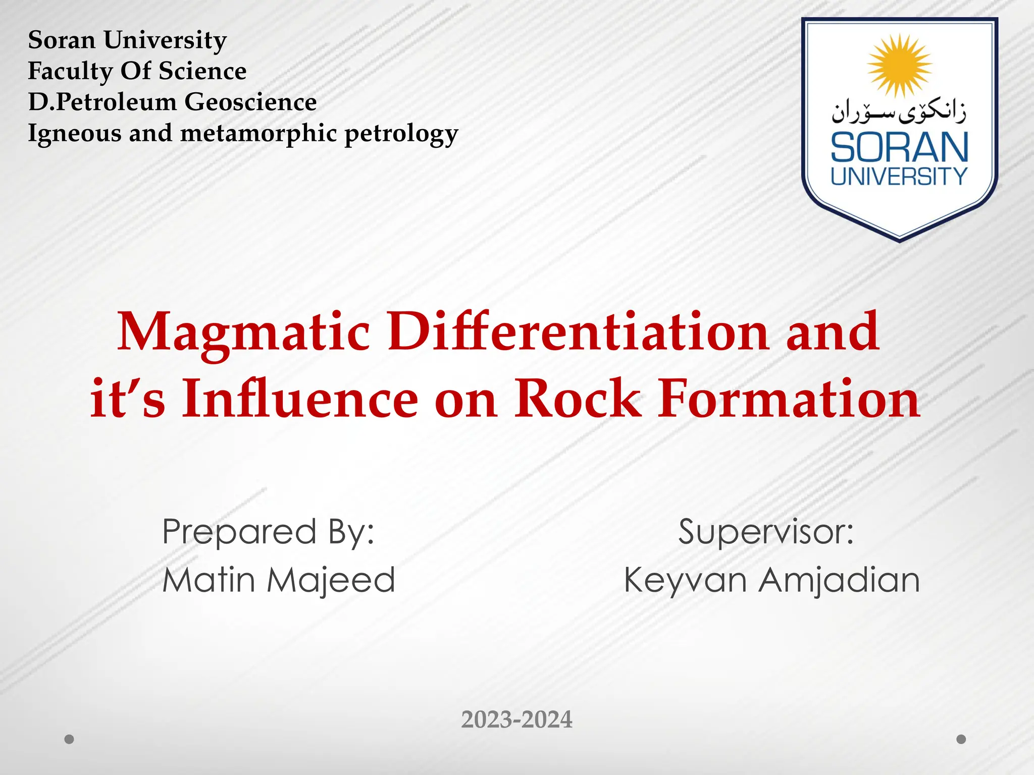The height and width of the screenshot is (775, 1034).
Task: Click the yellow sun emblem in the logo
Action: [x=899, y=66]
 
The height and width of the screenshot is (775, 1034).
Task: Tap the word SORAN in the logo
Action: [x=899, y=147]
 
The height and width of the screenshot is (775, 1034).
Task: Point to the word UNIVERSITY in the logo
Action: [x=899, y=177]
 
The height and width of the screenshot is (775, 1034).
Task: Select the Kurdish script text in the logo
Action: [x=899, y=113]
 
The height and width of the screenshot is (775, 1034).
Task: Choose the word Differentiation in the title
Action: [x=578, y=331]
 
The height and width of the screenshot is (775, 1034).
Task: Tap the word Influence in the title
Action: [x=300, y=399]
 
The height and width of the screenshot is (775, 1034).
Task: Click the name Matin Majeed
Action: [x=279, y=580]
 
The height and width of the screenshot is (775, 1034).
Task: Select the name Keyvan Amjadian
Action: [x=771, y=580]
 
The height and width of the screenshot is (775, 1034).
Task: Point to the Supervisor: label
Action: [x=765, y=532]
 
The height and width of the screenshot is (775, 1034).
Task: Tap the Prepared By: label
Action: [x=268, y=533]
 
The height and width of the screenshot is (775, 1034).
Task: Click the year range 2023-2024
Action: [x=516, y=719]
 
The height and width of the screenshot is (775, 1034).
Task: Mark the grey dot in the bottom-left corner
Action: [x=70, y=739]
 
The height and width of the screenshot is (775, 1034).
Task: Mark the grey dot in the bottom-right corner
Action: [x=961, y=739]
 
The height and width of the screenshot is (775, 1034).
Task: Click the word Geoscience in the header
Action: [x=250, y=102]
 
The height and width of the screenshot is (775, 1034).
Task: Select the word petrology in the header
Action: [x=401, y=134]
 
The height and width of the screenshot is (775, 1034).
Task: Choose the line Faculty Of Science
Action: [x=137, y=71]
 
